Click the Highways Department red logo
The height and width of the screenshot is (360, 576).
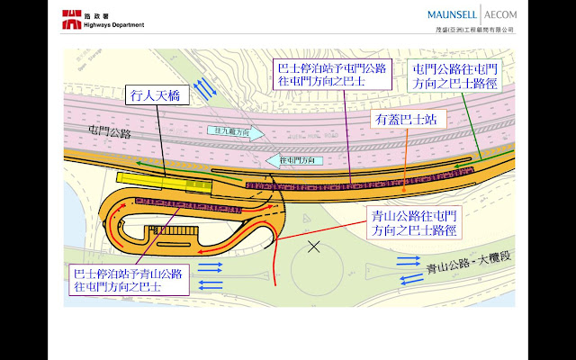pyautogui.click(x=70, y=19)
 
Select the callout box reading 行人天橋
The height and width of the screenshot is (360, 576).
pyautogui.click(x=157, y=93)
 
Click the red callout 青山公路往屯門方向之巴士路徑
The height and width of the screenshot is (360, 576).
pyautogui.click(x=413, y=223)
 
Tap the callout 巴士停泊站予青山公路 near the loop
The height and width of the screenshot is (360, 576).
pyautogui.click(x=128, y=280)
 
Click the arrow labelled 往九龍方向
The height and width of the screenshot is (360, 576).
pyautogui.click(x=237, y=131)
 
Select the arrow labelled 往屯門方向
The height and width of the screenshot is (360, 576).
pyautogui.click(x=295, y=160)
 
